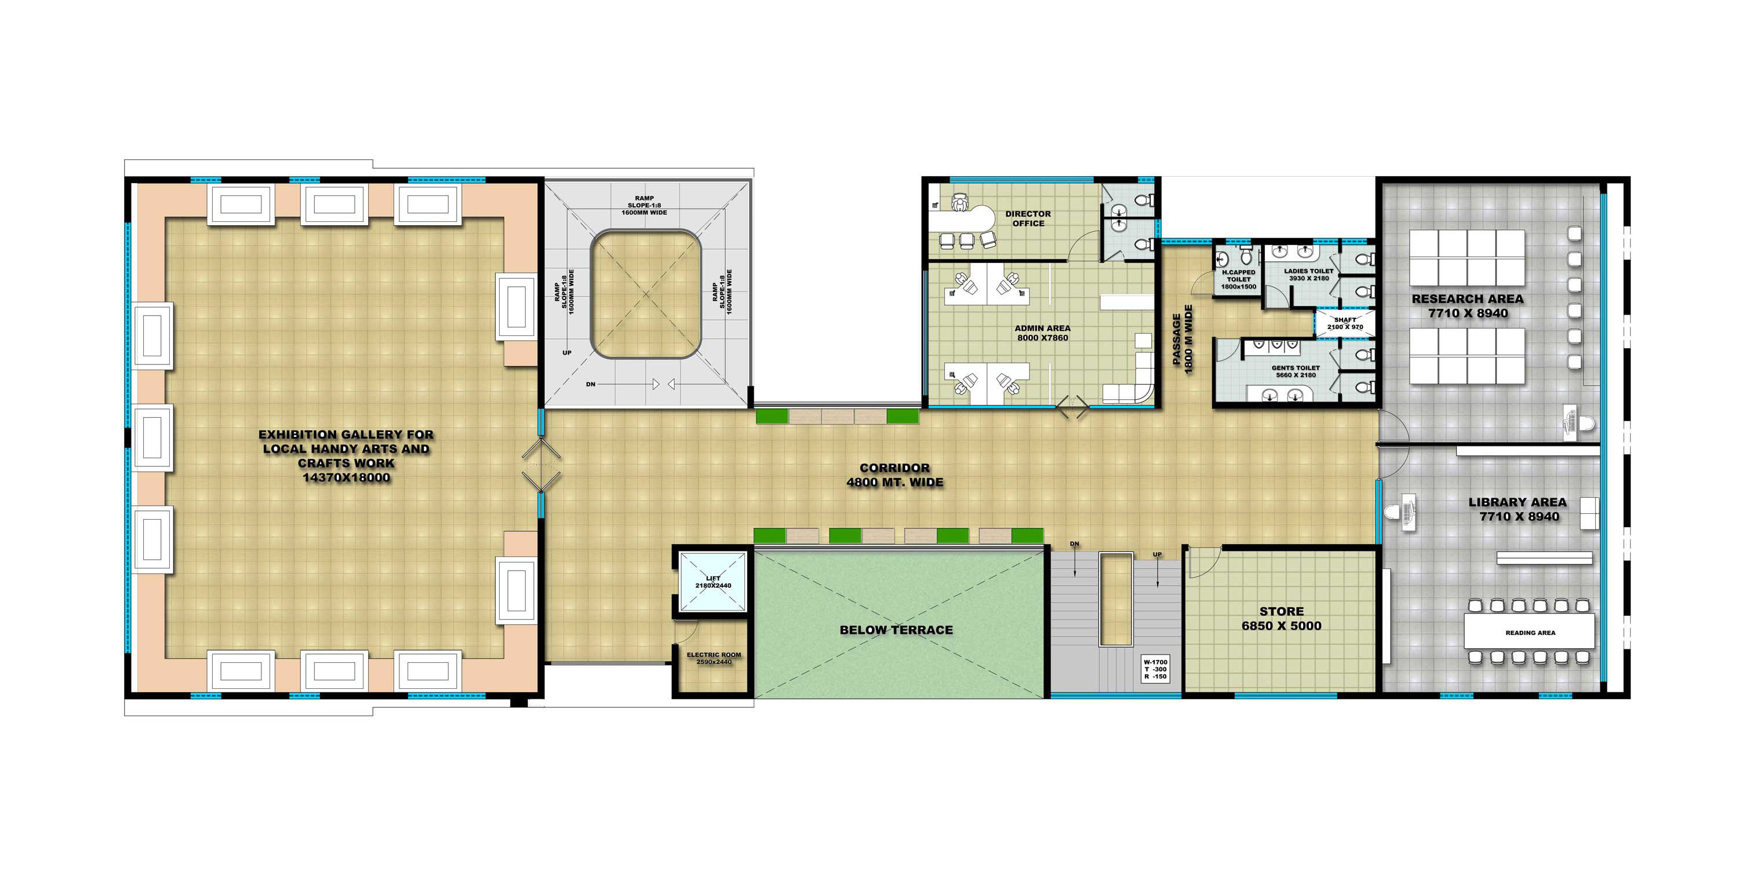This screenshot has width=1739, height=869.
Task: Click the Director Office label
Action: click(x=1028, y=218)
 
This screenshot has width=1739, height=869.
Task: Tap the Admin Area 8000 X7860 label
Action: click(x=1042, y=333)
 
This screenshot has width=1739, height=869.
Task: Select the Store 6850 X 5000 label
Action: click(x=1281, y=619)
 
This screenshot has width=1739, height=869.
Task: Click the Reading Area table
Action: click(x=1530, y=632)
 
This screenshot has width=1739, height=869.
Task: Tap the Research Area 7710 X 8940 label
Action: click(x=1468, y=306)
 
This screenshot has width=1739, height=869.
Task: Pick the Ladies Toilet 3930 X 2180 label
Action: click(x=1308, y=275)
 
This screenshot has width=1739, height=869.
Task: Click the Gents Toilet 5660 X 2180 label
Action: click(x=1296, y=372)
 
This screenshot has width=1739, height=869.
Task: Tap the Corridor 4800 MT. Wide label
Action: click(x=894, y=475)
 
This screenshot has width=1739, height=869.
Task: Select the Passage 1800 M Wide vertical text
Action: click(x=1183, y=339)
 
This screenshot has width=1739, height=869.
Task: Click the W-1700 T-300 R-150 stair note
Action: click(x=1155, y=669)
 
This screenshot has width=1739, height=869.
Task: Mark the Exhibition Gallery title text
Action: click(x=345, y=456)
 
